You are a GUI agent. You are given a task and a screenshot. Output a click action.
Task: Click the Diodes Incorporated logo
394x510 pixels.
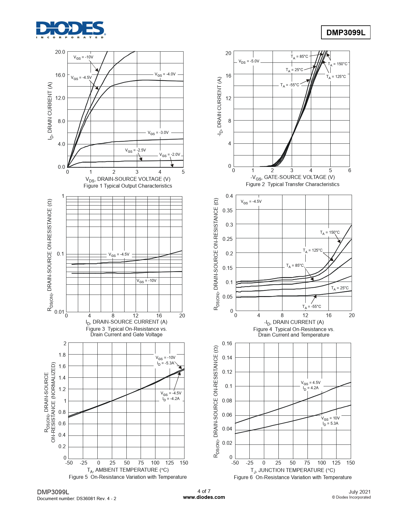(70, 30)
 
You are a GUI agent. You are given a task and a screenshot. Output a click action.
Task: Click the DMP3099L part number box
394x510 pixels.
(345, 32)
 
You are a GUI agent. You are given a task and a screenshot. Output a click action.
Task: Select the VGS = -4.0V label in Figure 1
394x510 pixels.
(165, 74)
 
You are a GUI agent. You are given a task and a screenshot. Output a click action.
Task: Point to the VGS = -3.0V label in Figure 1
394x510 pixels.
(158, 133)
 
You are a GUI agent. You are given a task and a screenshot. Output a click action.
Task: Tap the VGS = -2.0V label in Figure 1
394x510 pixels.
(169, 155)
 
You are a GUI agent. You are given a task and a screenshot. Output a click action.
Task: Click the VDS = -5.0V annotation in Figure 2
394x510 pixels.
(249, 62)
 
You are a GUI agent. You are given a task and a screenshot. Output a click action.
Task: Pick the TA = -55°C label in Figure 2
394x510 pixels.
(290, 85)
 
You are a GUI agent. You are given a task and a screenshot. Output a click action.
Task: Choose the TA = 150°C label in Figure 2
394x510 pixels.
(337, 64)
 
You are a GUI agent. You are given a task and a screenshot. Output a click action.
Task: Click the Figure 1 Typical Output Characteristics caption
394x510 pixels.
(128, 186)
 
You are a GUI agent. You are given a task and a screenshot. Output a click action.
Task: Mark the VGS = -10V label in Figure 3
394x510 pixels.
(146, 281)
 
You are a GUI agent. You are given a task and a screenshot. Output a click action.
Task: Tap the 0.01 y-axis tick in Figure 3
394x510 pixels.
(59, 312)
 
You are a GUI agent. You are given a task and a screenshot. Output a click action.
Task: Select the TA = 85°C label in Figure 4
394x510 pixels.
(295, 266)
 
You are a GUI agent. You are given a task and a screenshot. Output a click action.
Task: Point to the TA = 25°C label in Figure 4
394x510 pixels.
(340, 288)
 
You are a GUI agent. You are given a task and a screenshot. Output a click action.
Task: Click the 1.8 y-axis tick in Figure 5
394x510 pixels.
(62, 355)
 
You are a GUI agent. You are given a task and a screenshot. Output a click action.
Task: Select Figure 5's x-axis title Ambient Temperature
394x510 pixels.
(128, 470)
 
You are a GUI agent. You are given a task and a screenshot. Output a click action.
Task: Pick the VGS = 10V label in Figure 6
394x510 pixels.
(330, 418)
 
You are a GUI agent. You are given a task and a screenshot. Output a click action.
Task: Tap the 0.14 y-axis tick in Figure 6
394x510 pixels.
(227, 358)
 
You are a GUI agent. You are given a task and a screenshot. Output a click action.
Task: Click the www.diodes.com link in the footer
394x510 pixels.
(204, 497)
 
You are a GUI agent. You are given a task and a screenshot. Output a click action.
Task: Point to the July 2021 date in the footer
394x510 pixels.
(359, 492)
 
